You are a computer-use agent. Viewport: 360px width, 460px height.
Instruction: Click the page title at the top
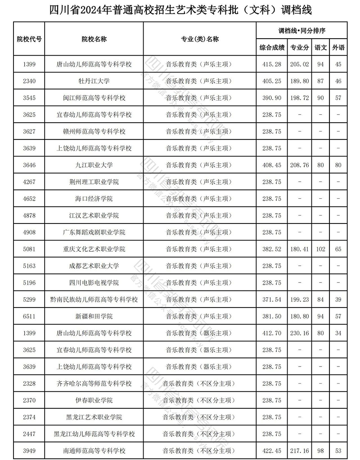coord(180,9)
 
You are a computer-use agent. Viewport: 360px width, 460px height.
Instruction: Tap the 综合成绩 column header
coord(272,47)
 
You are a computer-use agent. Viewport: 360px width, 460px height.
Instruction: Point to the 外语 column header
coord(338,47)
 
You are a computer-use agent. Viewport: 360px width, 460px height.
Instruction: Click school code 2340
coord(29,81)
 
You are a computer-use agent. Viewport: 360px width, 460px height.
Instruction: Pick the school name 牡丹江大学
coord(94,81)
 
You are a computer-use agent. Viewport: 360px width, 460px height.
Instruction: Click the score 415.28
coord(272,64)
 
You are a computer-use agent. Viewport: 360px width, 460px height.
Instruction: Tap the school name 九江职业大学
coord(94,165)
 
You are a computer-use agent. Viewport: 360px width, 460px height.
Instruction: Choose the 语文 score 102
coord(320,249)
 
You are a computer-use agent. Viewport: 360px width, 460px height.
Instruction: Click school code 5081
coord(29,249)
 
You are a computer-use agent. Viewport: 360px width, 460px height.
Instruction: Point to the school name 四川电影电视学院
coord(94,283)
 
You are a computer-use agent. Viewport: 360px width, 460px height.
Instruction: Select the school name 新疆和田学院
coord(94,317)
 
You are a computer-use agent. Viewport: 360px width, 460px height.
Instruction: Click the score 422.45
coord(272,451)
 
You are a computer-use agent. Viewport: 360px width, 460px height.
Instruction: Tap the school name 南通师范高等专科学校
coord(94,451)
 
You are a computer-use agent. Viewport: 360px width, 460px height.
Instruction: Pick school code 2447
coord(29,434)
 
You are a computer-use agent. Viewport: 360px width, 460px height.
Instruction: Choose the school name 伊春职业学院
coord(94,400)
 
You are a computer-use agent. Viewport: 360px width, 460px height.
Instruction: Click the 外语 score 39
coord(338,299)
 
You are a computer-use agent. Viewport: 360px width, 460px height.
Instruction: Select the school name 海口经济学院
coord(94,199)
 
